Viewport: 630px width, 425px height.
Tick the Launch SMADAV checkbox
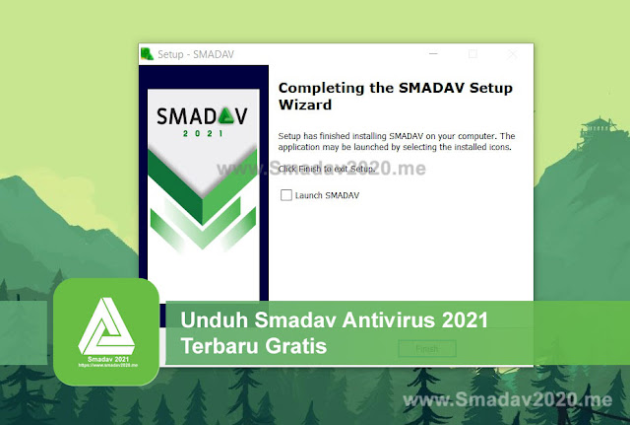(x=286, y=195)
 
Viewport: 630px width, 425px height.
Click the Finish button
(x=427, y=348)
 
